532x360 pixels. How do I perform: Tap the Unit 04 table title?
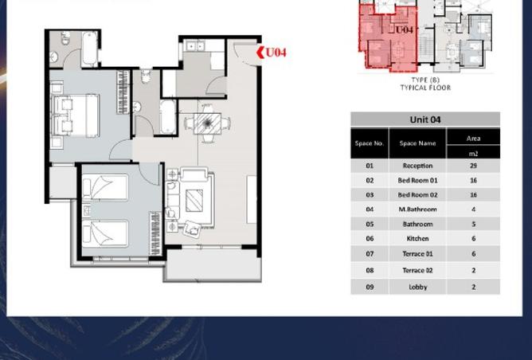coord(425,119)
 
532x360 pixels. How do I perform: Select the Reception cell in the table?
coord(417,166)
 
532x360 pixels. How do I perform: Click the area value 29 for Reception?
coord(473,166)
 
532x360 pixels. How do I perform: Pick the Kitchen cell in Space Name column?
coord(417,238)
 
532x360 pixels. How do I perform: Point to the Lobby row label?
coord(417,287)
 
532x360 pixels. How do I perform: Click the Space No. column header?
coord(370,143)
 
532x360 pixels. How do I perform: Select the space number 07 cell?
coord(370,254)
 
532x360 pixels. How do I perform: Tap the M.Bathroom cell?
coord(417,209)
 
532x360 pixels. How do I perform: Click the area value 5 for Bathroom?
coord(474,224)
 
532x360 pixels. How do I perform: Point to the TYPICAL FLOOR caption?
coord(425,88)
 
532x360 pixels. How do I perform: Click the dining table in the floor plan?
coord(207,123)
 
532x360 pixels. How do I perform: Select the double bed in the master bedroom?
coord(76,116)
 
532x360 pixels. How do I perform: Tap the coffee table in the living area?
coord(194,201)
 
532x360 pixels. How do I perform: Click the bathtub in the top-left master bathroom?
coord(89,49)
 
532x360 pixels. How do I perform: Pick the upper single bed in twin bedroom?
coord(105,186)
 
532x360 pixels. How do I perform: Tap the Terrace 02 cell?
coord(417,271)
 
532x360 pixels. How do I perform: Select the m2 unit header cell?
coord(473,154)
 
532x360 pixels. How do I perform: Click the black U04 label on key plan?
coord(404,29)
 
